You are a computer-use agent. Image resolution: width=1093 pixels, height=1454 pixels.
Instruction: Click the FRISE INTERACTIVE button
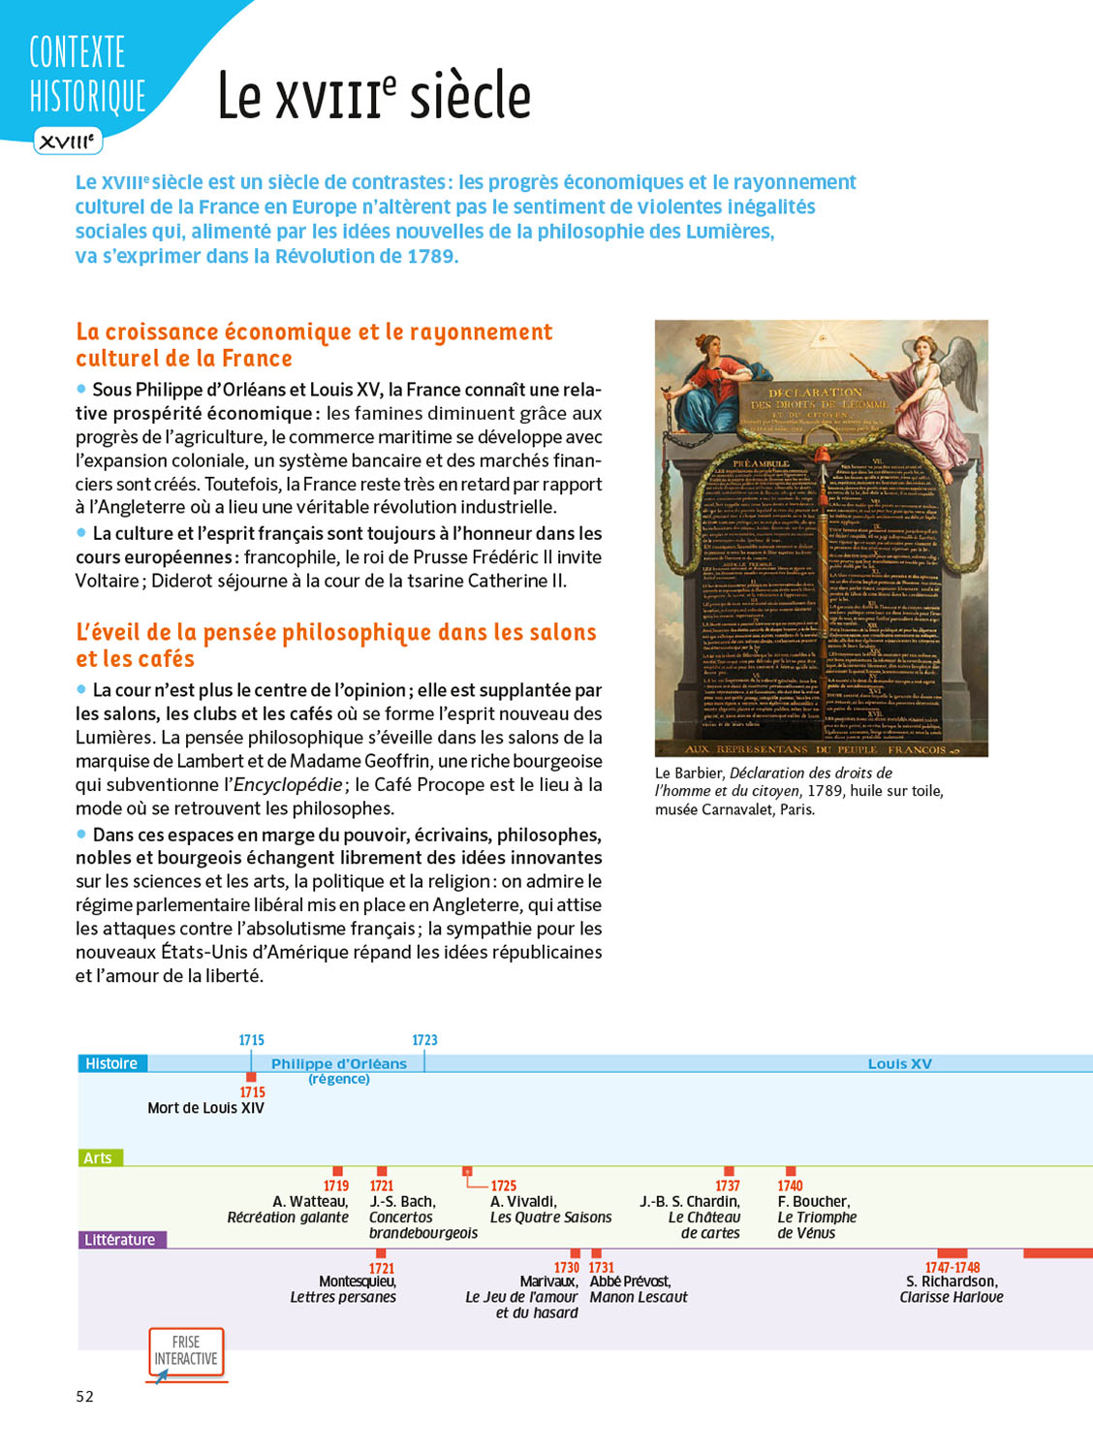pyautogui.click(x=186, y=1351)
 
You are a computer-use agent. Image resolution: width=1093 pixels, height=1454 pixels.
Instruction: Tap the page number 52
pyautogui.click(x=85, y=1396)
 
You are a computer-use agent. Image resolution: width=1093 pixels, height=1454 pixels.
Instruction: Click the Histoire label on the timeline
pyautogui.click(x=111, y=1063)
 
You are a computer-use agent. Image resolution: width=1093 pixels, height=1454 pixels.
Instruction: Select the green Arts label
pyautogui.click(x=98, y=1157)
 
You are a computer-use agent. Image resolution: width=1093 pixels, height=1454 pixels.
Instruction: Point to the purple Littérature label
pyautogui.click(x=120, y=1240)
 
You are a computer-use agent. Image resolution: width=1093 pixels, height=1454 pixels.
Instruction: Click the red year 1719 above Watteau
pyautogui.click(x=336, y=1185)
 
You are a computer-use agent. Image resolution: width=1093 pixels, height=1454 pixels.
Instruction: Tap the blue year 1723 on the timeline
pyautogui.click(x=424, y=1040)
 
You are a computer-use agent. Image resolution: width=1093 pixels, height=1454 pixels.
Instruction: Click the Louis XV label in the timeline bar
pyautogui.click(x=899, y=1063)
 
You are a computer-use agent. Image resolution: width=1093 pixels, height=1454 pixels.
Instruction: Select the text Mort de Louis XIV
pyautogui.click(x=205, y=1108)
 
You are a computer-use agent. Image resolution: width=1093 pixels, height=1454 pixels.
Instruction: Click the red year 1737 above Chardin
pyautogui.click(x=728, y=1185)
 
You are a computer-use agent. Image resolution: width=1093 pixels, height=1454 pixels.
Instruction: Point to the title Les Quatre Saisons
pyautogui.click(x=550, y=1217)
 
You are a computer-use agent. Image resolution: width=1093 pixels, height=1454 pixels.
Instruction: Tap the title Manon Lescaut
pyautogui.click(x=639, y=1297)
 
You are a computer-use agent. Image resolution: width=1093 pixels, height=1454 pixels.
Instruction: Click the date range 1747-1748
pyautogui.click(x=952, y=1267)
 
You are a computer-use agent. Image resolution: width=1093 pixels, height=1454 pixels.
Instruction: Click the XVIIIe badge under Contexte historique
pyautogui.click(x=68, y=142)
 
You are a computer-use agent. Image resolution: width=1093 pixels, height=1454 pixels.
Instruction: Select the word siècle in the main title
pyautogui.click(x=470, y=96)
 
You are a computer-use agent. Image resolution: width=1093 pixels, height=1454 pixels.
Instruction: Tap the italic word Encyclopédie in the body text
pyautogui.click(x=288, y=785)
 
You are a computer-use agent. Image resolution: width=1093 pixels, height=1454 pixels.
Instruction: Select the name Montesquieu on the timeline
pyautogui.click(x=357, y=1281)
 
